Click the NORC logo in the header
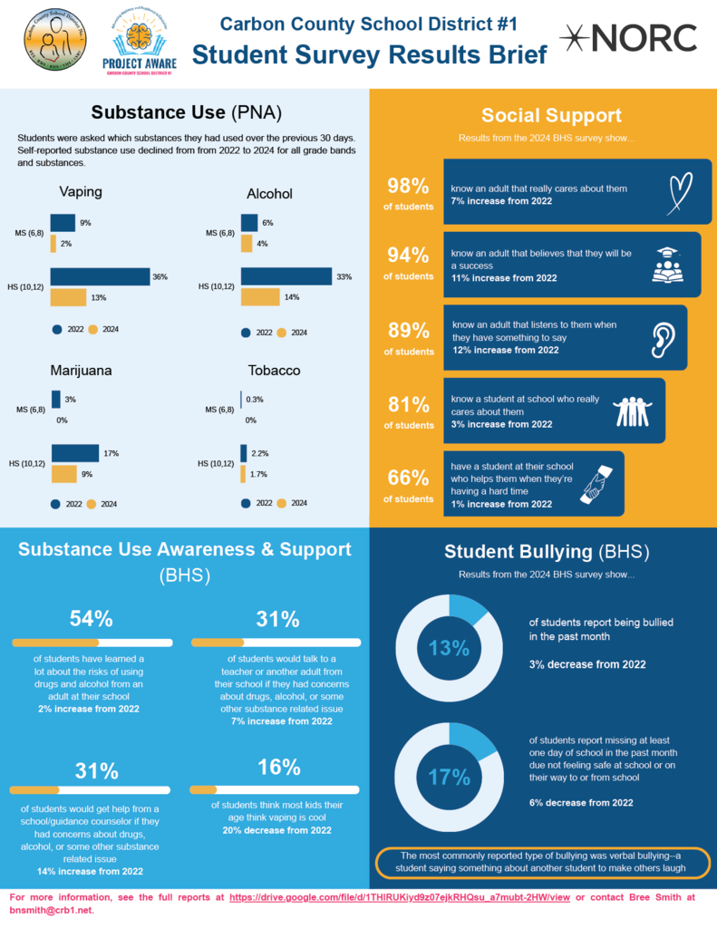628,38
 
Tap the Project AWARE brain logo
140,37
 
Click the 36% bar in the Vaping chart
100,277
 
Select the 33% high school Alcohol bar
286,276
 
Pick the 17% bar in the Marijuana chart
75,453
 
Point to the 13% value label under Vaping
98,297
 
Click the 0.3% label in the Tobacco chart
255,400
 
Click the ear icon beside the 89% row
664,338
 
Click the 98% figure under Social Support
408,187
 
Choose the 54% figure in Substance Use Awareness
92,619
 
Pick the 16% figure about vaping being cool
278,768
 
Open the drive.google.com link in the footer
399,897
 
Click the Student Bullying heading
547,552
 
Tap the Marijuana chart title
87,371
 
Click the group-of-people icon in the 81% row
633,411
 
